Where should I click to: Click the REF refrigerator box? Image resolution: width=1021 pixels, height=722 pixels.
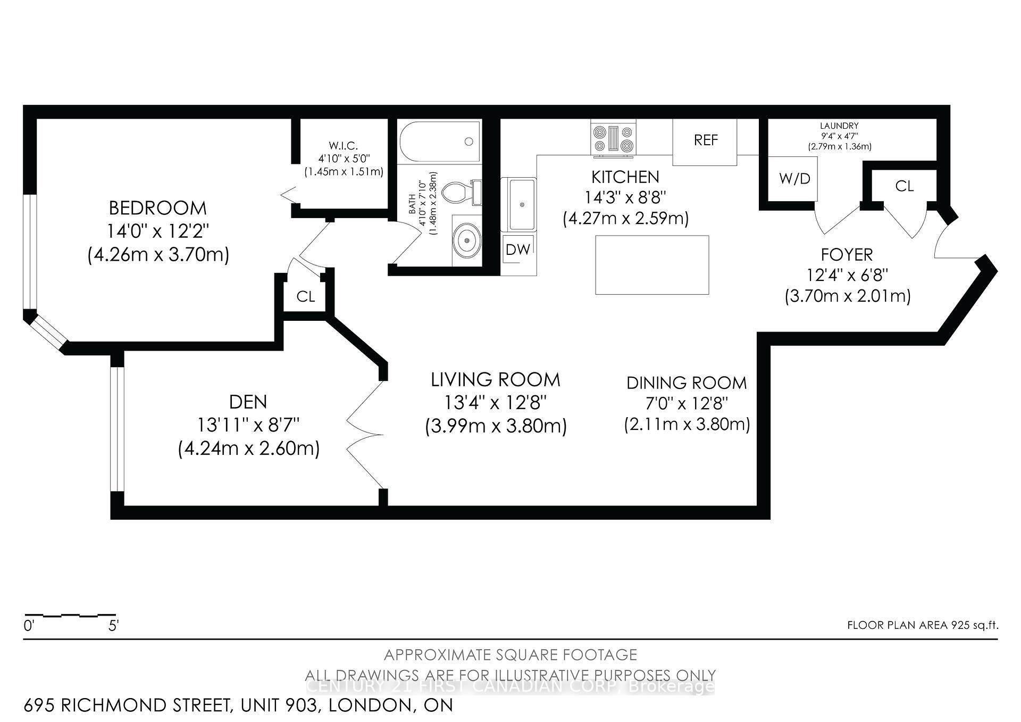click(705, 141)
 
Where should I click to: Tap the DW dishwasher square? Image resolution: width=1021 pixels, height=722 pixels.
click(518, 250)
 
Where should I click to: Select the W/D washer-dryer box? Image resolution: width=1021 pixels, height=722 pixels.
click(794, 179)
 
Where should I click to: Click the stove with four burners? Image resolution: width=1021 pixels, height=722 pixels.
click(614, 139)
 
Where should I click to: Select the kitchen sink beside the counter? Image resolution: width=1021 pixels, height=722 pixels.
click(521, 204)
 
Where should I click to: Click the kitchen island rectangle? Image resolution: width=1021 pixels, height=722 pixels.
click(652, 264)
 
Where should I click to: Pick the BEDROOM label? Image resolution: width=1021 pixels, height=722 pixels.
click(158, 208)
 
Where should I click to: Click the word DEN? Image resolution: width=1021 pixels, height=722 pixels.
click(248, 402)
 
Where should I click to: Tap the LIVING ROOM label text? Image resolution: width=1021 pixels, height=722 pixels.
click(495, 380)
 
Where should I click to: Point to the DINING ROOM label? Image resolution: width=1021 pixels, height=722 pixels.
click(686, 383)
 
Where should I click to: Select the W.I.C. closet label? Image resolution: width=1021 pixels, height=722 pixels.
click(343, 146)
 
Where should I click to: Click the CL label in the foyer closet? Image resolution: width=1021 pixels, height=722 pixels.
click(904, 186)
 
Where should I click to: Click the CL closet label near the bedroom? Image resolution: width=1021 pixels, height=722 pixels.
click(306, 296)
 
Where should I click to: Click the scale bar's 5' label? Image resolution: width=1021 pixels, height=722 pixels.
click(113, 626)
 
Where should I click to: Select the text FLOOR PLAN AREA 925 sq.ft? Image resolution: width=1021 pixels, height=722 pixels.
click(922, 625)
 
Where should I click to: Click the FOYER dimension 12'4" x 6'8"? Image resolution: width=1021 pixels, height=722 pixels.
click(847, 276)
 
